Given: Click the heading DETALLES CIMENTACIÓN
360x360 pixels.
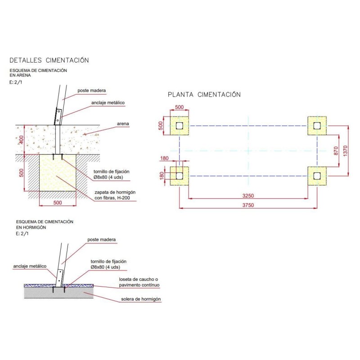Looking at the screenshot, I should (49, 60).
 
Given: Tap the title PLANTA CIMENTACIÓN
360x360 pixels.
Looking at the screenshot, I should (204, 94).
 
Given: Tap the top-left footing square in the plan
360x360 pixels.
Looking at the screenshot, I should (180, 126).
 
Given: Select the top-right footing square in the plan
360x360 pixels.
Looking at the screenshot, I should (317, 126).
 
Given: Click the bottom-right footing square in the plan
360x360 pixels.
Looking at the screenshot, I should (317, 176).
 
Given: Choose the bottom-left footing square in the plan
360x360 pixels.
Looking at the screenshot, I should (180, 176).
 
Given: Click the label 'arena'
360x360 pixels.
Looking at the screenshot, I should (123, 123).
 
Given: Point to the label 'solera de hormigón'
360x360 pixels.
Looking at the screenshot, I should (141, 299).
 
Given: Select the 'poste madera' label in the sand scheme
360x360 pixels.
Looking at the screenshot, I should (91, 90).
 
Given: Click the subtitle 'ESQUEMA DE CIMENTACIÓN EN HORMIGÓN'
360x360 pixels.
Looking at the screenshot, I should (44, 225).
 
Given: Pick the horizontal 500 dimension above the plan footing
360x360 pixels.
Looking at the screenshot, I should (179, 108).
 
